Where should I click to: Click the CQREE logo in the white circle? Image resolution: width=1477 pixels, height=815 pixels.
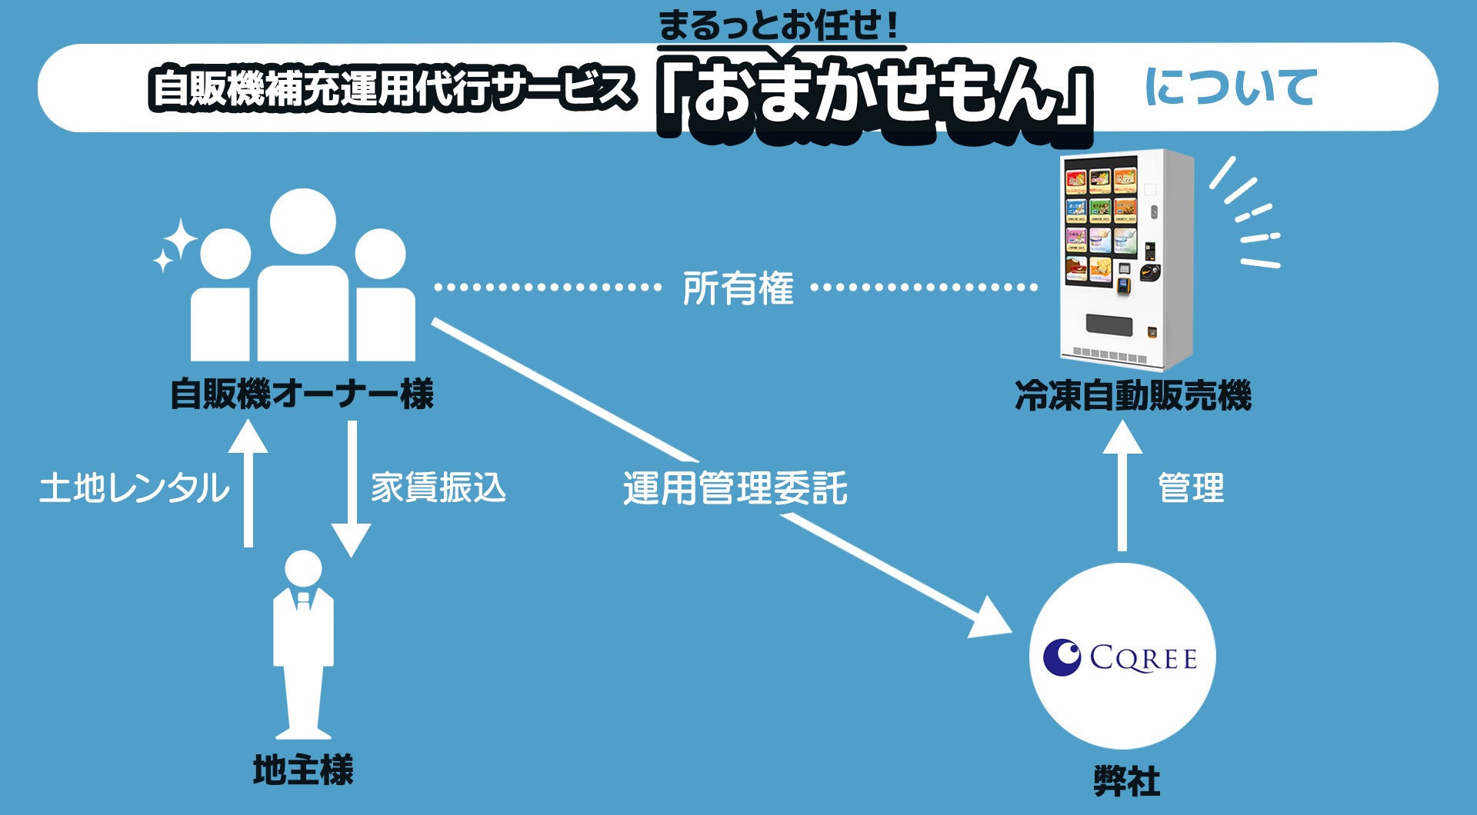[1121, 657]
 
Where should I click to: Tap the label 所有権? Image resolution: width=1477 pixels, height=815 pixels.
[738, 289]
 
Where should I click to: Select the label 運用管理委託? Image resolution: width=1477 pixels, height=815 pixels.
[735, 488]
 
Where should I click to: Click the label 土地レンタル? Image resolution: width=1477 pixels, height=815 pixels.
[134, 488]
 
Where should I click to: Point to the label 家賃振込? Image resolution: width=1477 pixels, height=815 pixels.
[438, 488]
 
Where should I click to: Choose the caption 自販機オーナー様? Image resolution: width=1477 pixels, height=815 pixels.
[302, 394]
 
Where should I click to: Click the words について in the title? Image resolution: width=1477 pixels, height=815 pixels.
[1231, 86]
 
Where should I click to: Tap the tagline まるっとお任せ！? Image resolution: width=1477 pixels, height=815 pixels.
[779, 25]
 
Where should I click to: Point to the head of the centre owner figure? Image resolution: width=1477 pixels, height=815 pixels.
[303, 221]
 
